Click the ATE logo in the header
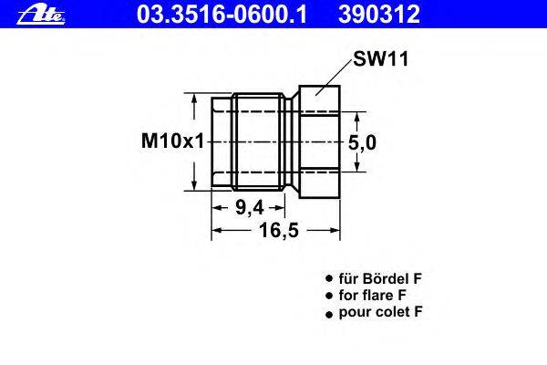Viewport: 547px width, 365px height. point(41,16)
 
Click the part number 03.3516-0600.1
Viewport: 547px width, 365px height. point(222,15)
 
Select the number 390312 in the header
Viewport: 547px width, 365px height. point(379,15)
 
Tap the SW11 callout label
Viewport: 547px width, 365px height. point(380,58)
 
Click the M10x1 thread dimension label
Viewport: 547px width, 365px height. point(172,141)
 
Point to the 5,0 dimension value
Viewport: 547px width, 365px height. point(363,143)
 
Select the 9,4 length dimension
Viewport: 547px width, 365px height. point(250,208)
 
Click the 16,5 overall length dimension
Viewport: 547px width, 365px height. point(279,230)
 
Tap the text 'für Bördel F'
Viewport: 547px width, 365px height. point(380,278)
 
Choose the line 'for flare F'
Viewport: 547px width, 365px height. point(372,295)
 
